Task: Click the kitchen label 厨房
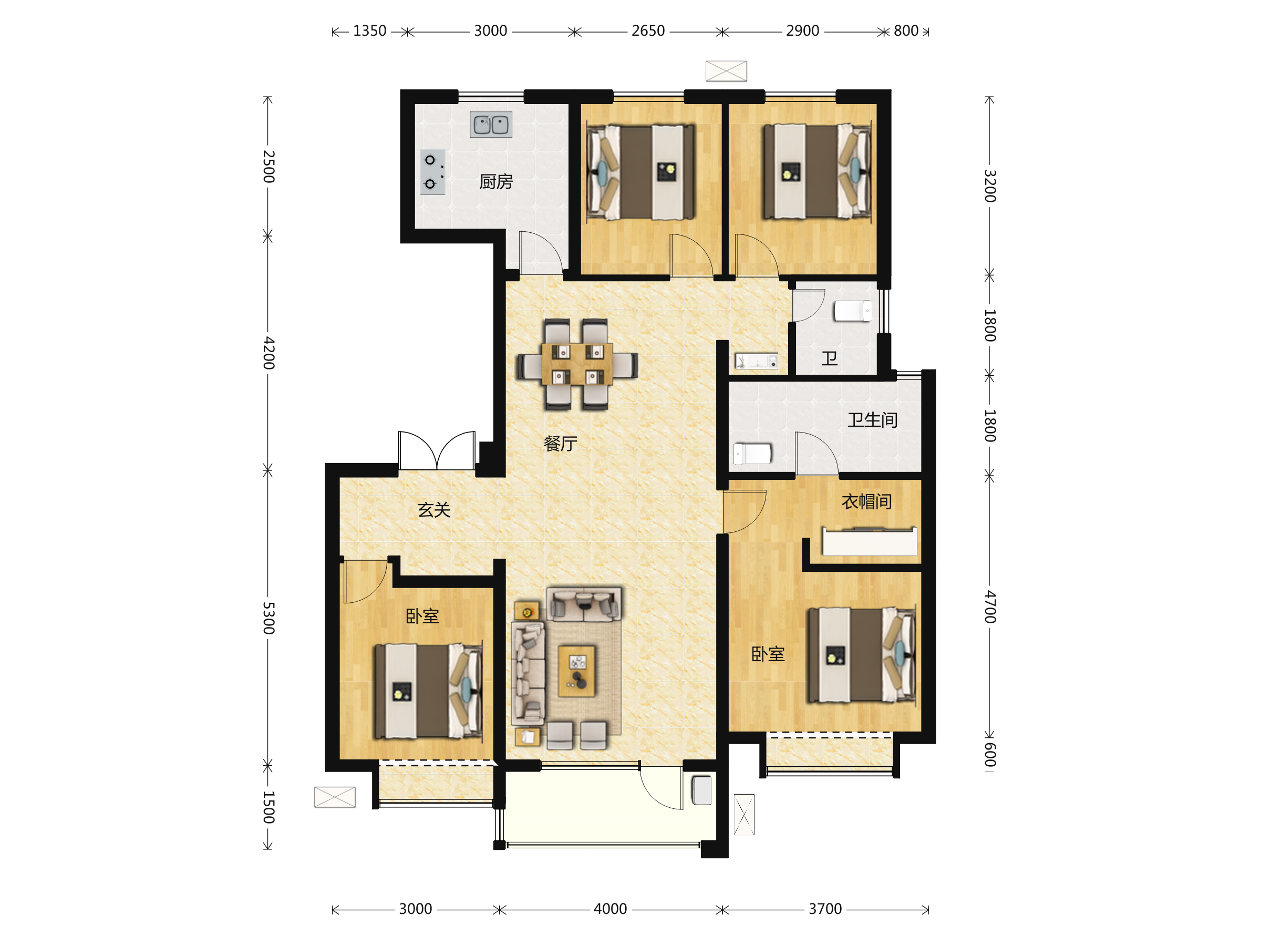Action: [496, 182]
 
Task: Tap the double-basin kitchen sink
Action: [491, 125]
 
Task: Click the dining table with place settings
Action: [577, 364]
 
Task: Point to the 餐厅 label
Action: [561, 444]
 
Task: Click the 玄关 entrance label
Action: [434, 510]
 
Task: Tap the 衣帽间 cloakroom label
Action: [866, 502]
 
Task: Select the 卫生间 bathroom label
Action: [872, 420]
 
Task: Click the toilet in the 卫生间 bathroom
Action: [752, 454]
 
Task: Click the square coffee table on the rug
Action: [577, 671]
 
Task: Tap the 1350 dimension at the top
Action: [369, 31]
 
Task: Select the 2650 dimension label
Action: [648, 31]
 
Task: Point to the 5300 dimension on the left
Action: [268, 618]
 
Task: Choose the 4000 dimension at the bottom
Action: [610, 909]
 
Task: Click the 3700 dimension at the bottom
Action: [825, 909]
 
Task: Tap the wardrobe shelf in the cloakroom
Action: [870, 541]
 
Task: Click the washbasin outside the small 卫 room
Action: [757, 361]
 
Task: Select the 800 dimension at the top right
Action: [906, 31]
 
